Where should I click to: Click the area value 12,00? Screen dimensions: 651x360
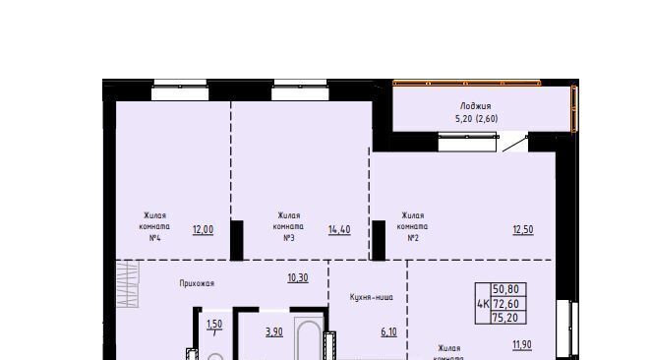(x=203, y=229)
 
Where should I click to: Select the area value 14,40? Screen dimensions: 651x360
(x=339, y=229)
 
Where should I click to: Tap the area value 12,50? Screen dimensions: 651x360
(x=523, y=229)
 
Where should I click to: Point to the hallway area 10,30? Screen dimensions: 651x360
(x=298, y=277)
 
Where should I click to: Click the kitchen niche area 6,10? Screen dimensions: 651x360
(x=389, y=331)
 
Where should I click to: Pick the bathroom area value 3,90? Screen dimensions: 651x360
(x=274, y=331)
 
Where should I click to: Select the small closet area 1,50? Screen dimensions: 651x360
(x=214, y=324)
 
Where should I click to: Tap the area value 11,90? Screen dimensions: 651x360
(x=522, y=344)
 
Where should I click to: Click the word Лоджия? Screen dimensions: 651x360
(x=476, y=106)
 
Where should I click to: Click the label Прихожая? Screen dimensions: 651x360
(x=197, y=283)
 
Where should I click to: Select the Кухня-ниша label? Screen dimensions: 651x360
(x=371, y=297)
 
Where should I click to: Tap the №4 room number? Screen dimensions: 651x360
(x=154, y=238)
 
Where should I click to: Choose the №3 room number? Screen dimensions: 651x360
(x=289, y=238)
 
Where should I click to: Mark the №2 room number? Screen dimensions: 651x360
(x=413, y=238)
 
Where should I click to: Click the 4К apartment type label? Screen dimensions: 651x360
(x=483, y=304)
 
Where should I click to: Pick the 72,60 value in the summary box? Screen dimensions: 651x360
(x=506, y=304)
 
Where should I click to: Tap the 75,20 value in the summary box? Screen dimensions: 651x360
(x=505, y=318)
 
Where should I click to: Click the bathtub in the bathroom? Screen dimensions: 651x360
(x=309, y=338)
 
